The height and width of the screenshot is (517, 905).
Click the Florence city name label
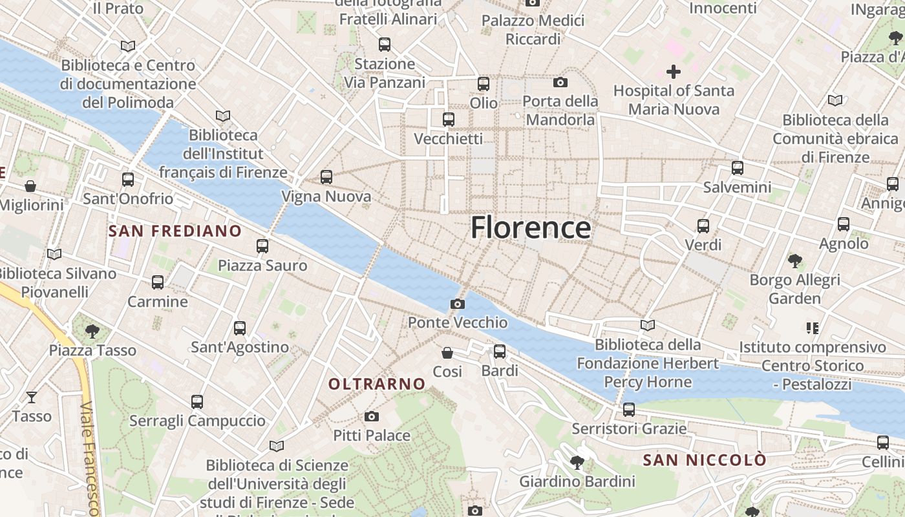(x=530, y=228)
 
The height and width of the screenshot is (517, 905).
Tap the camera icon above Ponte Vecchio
(x=457, y=304)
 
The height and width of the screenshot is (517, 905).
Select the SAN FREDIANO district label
(x=175, y=231)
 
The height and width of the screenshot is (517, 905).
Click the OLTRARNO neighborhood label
(x=377, y=384)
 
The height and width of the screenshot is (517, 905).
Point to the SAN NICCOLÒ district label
(x=705, y=460)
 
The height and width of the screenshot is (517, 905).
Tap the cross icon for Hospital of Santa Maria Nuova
(x=674, y=72)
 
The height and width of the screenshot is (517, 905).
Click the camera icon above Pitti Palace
(x=371, y=416)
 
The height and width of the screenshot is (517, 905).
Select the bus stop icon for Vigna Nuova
(x=326, y=177)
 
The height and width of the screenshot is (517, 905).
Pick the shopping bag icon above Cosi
(x=447, y=352)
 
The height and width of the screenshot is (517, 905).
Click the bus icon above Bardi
(x=500, y=352)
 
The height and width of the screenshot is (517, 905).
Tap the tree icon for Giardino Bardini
(x=577, y=462)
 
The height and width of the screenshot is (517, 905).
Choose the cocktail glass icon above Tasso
(x=31, y=397)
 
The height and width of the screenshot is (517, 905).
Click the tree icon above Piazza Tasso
(x=92, y=331)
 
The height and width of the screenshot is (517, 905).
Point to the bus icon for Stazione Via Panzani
(x=385, y=45)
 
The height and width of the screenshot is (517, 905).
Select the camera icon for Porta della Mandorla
(x=560, y=82)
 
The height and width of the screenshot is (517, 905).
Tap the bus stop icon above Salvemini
(x=738, y=168)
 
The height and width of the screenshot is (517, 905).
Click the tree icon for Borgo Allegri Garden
(x=794, y=261)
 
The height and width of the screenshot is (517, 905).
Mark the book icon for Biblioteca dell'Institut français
(x=223, y=116)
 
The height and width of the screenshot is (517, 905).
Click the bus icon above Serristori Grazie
(x=628, y=409)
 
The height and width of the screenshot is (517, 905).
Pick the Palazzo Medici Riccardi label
(x=533, y=30)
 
